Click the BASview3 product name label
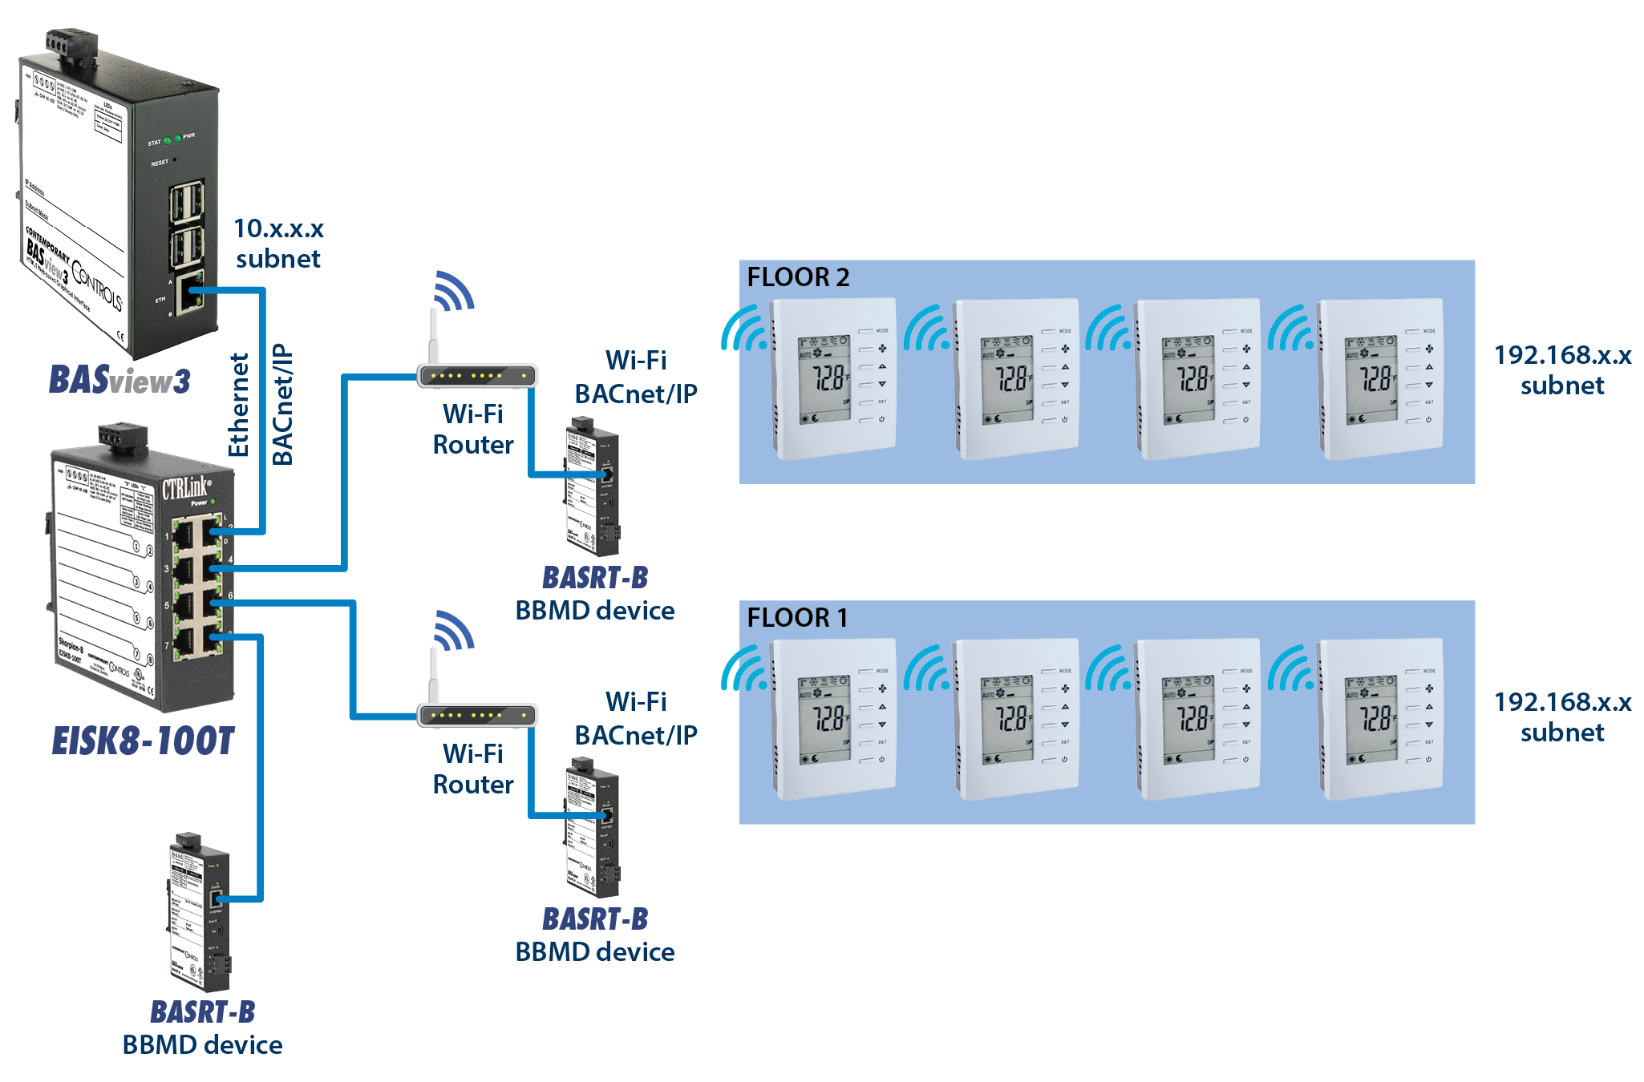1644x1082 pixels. click(x=120, y=380)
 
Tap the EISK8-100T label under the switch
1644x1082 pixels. click(x=143, y=741)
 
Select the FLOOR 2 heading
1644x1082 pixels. click(x=798, y=277)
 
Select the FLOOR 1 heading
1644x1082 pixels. click(x=797, y=618)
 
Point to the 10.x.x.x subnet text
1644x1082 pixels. click(x=278, y=244)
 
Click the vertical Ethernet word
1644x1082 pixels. click(x=239, y=405)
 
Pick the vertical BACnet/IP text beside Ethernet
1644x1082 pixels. click(x=282, y=405)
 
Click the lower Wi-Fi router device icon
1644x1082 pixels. click(x=476, y=714)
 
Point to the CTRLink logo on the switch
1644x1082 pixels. click(x=187, y=487)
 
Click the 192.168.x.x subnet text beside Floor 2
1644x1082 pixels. click(x=1562, y=369)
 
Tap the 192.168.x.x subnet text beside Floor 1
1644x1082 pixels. click(x=1562, y=717)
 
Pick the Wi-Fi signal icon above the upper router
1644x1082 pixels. click(x=453, y=290)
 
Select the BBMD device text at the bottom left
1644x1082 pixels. click(x=202, y=1045)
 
